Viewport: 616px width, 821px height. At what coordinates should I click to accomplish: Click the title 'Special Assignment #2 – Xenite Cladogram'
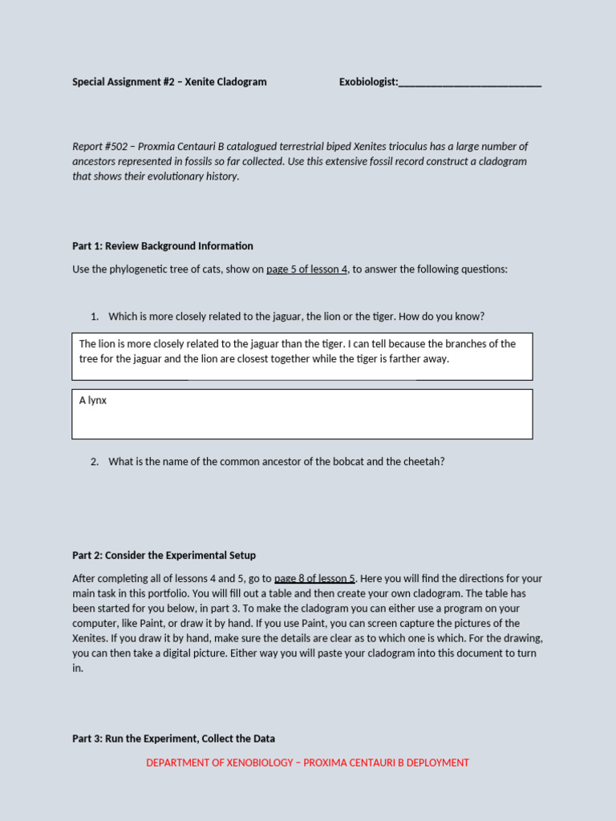click(x=169, y=82)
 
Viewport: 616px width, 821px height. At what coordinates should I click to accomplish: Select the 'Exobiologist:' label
click(x=368, y=82)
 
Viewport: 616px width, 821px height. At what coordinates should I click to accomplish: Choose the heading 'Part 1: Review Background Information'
click(x=162, y=246)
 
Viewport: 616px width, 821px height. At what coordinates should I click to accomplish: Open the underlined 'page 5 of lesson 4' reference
click(x=306, y=269)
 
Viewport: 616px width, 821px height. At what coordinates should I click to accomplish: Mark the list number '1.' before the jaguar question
click(x=94, y=317)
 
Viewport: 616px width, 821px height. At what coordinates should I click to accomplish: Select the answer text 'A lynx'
click(x=93, y=400)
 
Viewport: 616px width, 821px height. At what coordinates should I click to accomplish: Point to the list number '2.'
click(x=94, y=462)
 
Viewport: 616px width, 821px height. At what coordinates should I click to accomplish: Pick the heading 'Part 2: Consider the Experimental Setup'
click(x=164, y=556)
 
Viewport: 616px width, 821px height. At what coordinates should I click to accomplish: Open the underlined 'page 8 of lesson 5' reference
click(x=314, y=579)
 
